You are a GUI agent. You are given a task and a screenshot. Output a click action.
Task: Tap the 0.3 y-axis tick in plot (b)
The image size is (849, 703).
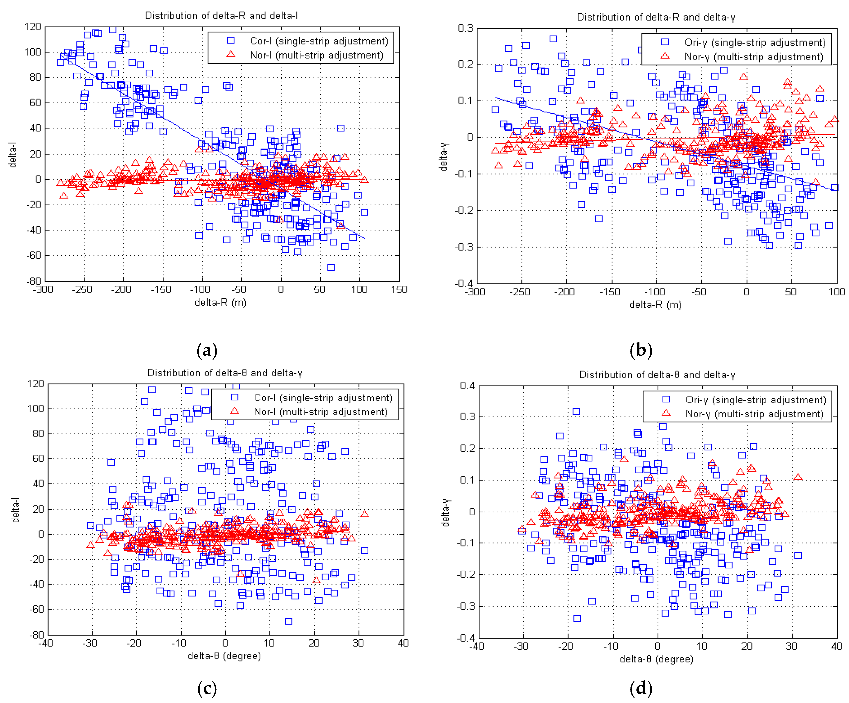pyautogui.click(x=465, y=28)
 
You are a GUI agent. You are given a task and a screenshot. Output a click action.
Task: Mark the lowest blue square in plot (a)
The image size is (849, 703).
pyautogui.click(x=331, y=267)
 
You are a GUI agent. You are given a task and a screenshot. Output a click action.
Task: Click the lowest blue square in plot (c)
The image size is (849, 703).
pyautogui.click(x=288, y=621)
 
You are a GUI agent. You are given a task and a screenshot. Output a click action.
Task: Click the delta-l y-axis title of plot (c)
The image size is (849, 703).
pyautogui.click(x=16, y=510)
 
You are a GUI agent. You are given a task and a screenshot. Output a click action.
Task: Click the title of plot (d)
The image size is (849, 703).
pyautogui.click(x=657, y=375)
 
